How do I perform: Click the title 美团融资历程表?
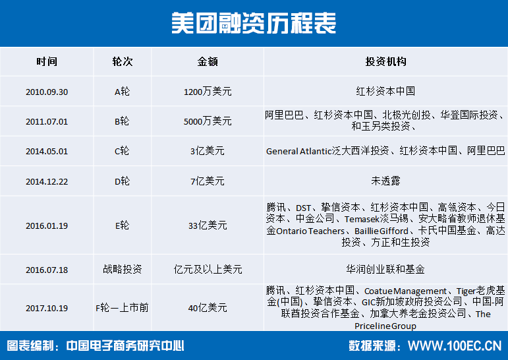(254, 23)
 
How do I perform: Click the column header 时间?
(47, 61)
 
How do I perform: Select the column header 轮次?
(122, 61)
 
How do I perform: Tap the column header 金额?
(208, 61)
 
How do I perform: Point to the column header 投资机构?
(385, 61)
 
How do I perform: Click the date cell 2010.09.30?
(47, 92)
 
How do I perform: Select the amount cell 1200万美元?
(208, 92)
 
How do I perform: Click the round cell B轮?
(122, 121)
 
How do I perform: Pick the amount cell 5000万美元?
(208, 121)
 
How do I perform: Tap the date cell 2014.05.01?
(47, 152)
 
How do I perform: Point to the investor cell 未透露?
(385, 181)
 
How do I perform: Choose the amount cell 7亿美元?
(208, 181)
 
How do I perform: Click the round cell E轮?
(122, 225)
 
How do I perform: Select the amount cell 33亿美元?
(208, 225)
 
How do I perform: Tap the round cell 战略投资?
(122, 269)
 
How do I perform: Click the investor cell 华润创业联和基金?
(385, 269)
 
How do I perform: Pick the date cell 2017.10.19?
(47, 308)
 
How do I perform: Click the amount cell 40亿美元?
(208, 307)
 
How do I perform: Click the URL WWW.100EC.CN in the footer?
(455, 345)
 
